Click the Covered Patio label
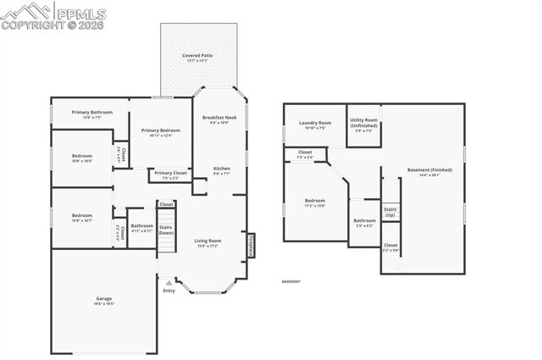tap(197, 56)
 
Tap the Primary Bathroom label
tap(92, 114)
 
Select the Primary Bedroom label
tap(161, 131)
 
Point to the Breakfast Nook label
tap(220, 119)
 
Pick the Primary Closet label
tap(170, 174)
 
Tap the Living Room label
tap(207, 242)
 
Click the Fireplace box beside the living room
tap(251, 243)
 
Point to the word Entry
tap(169, 291)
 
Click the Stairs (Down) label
tap(167, 230)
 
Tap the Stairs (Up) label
tap(390, 212)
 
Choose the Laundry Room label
tap(315, 125)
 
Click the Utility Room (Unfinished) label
tap(363, 126)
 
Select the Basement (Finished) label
tap(429, 172)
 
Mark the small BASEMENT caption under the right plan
tap(290, 281)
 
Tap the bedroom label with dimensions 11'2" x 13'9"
tap(315, 203)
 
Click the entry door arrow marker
tap(169, 281)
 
